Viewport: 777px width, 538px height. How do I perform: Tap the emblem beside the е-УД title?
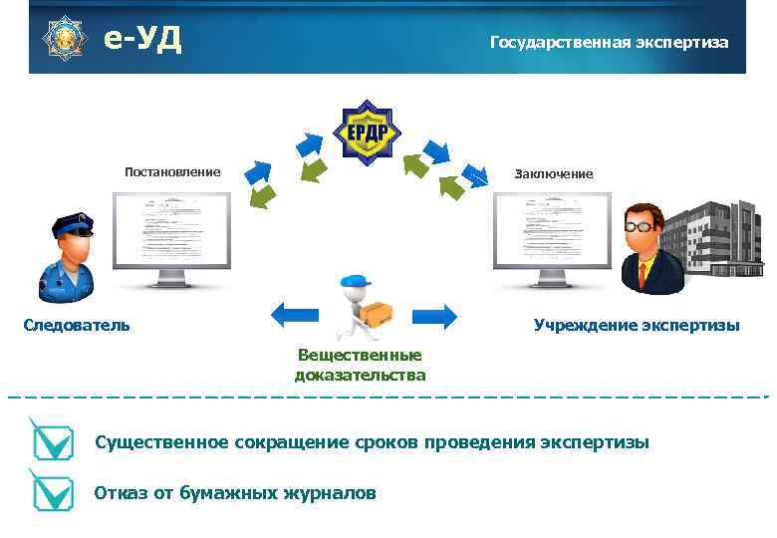point(65,38)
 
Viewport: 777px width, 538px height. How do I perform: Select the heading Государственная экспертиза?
point(609,43)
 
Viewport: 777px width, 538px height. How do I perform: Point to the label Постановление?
point(172,171)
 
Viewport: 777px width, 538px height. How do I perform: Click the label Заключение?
point(553,173)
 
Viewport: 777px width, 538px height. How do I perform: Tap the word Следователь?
point(77,325)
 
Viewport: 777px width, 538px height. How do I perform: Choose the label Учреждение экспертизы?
point(637,325)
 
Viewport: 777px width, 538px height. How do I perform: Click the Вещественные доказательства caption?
point(360,366)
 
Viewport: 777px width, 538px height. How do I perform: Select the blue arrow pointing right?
point(433,316)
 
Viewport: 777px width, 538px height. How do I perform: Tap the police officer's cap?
point(72,222)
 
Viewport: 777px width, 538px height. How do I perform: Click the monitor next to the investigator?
point(171,231)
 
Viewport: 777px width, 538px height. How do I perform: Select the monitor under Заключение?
point(553,231)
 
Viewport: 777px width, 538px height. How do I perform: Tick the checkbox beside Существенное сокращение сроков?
point(53,441)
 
